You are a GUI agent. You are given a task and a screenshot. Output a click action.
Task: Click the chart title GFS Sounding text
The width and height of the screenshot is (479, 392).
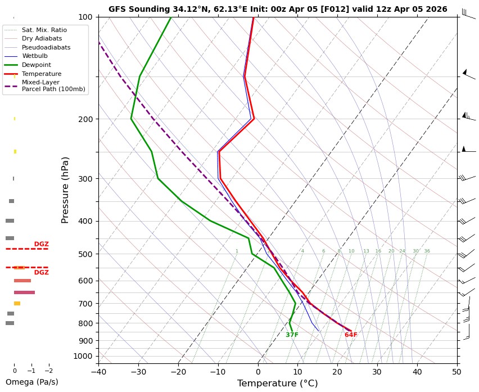point(278,9)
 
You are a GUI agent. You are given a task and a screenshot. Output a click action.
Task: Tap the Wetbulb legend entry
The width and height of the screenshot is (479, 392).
point(34,56)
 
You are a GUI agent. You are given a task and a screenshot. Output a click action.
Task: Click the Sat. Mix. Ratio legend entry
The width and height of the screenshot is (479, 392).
point(44,29)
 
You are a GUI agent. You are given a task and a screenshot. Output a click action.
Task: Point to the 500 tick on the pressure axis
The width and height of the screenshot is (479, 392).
point(85,254)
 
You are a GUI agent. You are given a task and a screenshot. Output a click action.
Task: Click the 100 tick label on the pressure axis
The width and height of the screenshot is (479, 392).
point(85,17)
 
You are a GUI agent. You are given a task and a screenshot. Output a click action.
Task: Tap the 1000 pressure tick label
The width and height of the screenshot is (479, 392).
point(83,356)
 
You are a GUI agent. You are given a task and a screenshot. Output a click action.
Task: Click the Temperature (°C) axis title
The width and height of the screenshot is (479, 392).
point(277,384)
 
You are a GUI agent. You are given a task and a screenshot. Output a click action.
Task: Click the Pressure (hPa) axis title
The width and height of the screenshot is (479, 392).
point(65,190)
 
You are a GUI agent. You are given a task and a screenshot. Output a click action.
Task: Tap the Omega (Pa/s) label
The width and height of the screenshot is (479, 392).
point(31,382)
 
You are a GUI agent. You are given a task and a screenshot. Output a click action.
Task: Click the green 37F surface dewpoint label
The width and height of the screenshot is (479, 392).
point(292,335)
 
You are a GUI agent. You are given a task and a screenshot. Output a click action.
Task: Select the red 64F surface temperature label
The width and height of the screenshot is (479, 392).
point(351,335)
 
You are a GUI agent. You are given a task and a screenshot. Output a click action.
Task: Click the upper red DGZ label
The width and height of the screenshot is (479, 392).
point(41,244)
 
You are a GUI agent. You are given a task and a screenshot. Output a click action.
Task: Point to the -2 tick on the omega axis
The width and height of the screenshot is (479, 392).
point(48,371)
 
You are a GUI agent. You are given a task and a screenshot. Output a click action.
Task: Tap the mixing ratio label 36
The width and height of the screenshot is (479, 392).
point(427,251)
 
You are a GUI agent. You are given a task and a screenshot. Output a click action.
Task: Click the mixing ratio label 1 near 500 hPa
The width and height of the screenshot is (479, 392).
point(237,251)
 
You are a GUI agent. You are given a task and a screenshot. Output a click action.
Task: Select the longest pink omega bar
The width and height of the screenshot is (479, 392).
point(24,292)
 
